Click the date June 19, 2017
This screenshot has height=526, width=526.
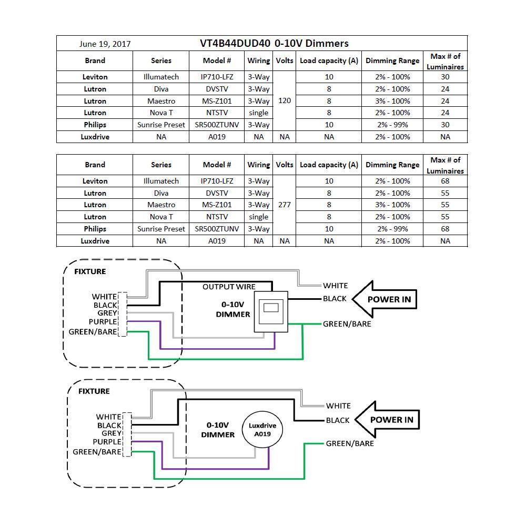[x=105, y=44]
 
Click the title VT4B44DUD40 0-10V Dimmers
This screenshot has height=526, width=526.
[x=274, y=44]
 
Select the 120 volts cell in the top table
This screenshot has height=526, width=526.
[x=284, y=100]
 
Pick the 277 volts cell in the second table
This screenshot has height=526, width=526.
[x=284, y=205]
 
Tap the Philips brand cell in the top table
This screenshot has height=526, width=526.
[x=95, y=125]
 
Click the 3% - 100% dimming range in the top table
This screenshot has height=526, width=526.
[x=392, y=101]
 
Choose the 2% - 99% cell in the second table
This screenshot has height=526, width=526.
[x=392, y=229]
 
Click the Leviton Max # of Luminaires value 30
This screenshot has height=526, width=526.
[x=445, y=77]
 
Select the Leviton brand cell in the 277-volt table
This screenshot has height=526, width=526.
[x=95, y=181]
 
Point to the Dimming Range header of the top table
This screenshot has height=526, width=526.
[x=392, y=60]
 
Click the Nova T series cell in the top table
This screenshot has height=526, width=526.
[x=161, y=113]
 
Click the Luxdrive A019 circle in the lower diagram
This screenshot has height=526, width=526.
[x=262, y=430]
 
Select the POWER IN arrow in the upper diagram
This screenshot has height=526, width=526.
[x=384, y=299]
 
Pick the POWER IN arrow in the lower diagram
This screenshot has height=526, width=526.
[x=387, y=420]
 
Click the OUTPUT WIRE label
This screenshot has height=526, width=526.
[x=229, y=287]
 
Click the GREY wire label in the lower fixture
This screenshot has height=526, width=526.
[x=112, y=433]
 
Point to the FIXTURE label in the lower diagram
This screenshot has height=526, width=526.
[x=94, y=391]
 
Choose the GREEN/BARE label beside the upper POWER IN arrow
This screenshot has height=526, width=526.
[x=347, y=324]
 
